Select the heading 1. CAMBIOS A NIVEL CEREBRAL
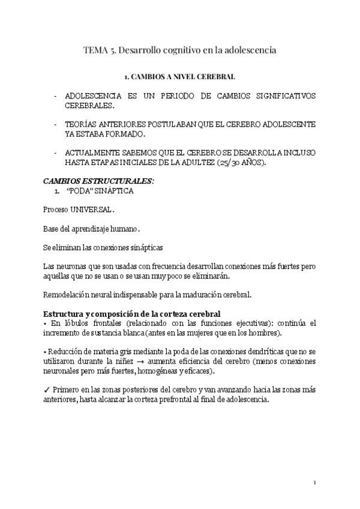pos(179,77)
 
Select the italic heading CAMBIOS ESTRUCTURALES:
pos(98,180)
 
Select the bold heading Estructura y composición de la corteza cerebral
pos(132,314)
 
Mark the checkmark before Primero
pos(46,390)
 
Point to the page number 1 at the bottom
pos(314,483)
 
